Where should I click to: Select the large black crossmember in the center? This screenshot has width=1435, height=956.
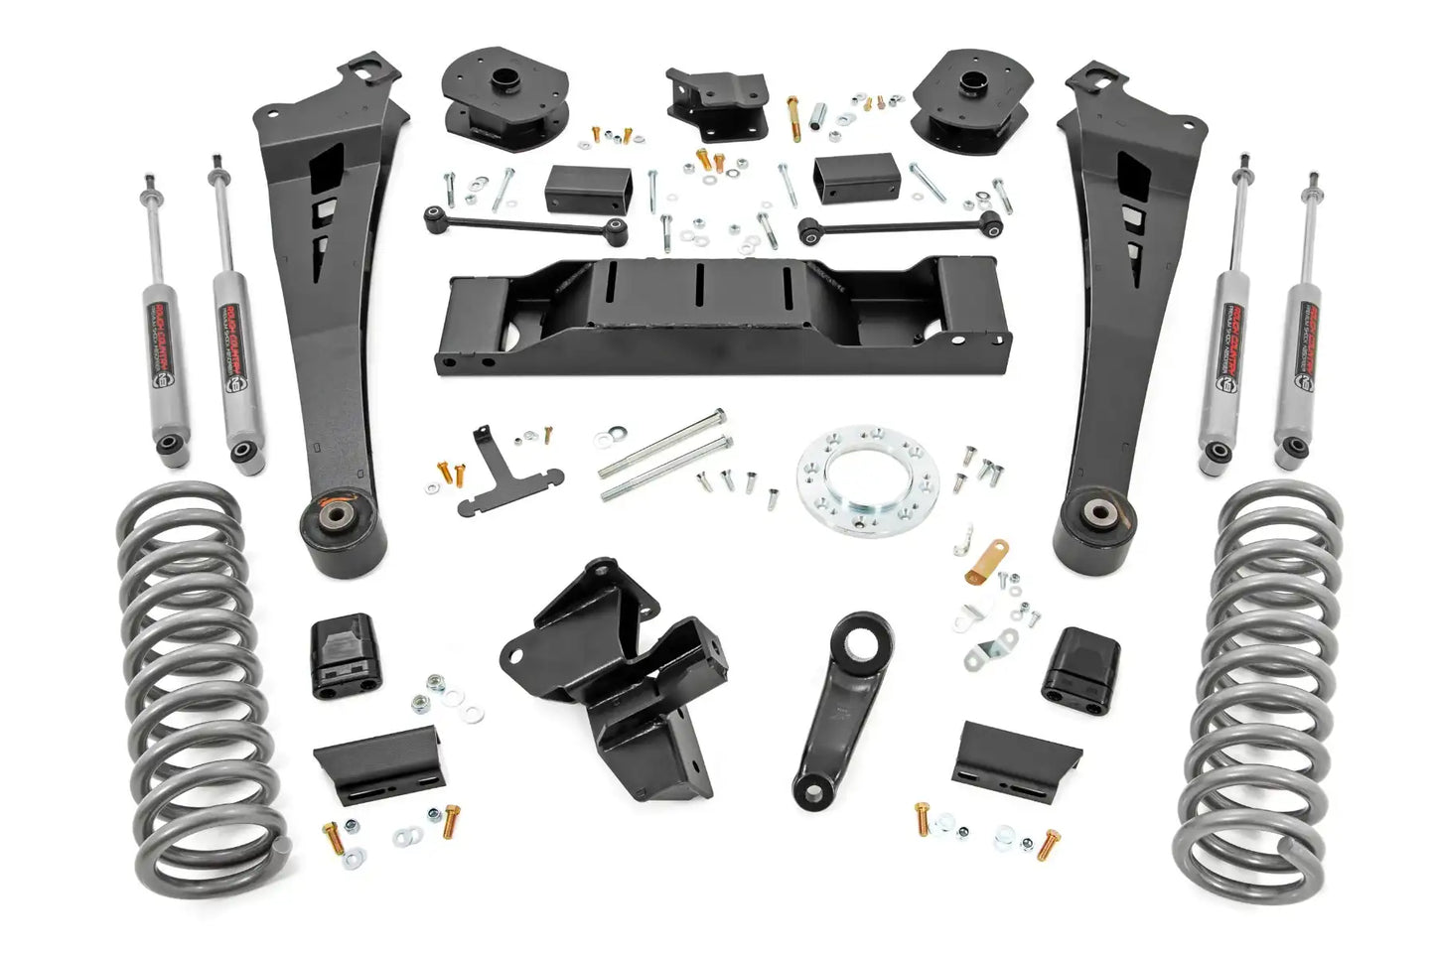(722, 315)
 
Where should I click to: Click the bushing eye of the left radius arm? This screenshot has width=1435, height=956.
(327, 519)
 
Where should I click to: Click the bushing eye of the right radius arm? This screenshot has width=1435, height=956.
(1097, 513)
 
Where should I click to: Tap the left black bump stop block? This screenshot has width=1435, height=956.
(346, 657)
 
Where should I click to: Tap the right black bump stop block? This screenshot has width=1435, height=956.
(1080, 663)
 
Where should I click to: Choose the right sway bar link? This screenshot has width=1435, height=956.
(900, 225)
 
